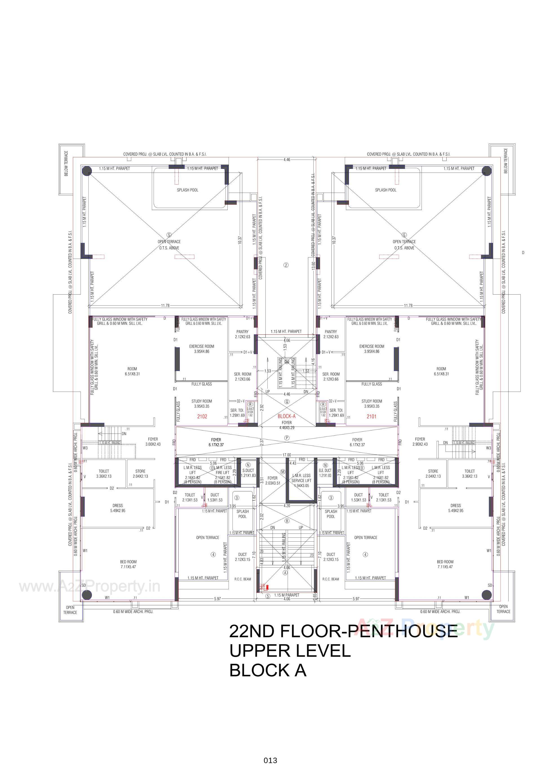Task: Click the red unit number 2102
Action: click(202, 416)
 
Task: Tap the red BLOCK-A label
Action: click(287, 416)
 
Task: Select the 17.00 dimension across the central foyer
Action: click(287, 455)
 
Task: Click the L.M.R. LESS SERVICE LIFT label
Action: click(301, 480)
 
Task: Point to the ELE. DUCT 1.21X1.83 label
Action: click(325, 473)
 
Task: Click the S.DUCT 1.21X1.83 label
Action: click(248, 473)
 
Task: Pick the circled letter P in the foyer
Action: click(287, 438)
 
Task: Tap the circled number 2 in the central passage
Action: click(286, 265)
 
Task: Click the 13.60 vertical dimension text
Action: click(313, 266)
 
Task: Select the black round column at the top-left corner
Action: click(87, 171)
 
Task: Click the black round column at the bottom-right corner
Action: click(487, 595)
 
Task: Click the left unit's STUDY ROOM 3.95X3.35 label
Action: click(201, 404)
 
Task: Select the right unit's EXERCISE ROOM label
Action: click(372, 349)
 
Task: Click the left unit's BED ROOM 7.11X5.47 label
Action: click(128, 564)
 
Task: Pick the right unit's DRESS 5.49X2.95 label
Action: click(456, 508)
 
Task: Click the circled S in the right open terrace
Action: click(404, 235)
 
